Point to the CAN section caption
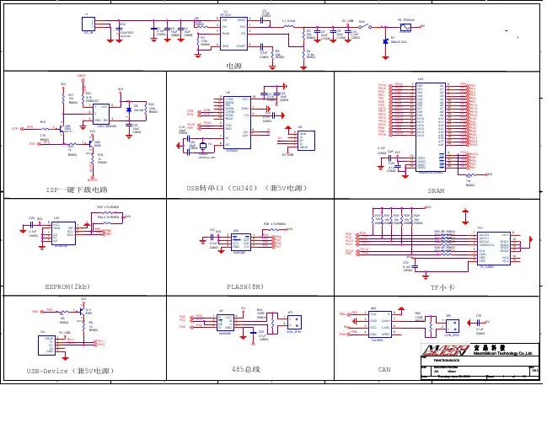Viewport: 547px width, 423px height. coord(383,369)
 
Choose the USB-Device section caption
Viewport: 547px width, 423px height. coord(75,370)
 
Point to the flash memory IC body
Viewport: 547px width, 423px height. coord(239,240)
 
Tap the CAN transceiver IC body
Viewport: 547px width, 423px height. coord(376,324)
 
